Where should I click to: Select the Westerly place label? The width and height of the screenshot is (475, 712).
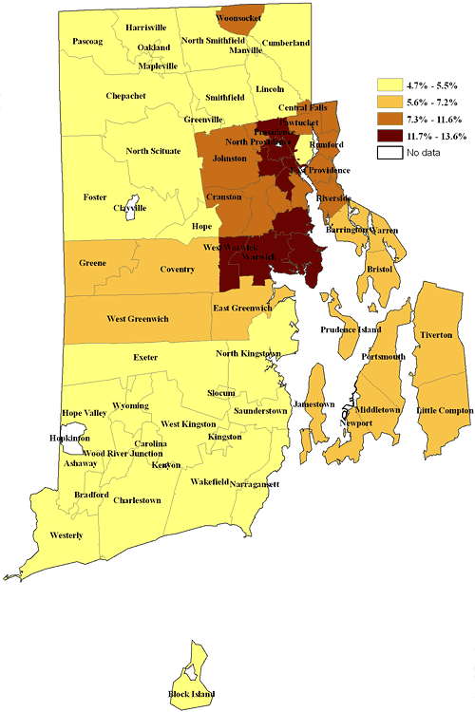coord(66,535)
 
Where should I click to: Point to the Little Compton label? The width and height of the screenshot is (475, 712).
coord(444,409)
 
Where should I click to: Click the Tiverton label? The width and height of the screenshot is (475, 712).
coord(437,336)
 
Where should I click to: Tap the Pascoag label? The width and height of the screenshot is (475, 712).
coord(85,43)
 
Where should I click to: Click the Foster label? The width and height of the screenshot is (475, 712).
coord(96,197)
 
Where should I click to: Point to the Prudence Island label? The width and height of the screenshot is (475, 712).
coord(350,329)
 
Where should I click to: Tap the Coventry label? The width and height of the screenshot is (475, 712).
coord(177,269)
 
